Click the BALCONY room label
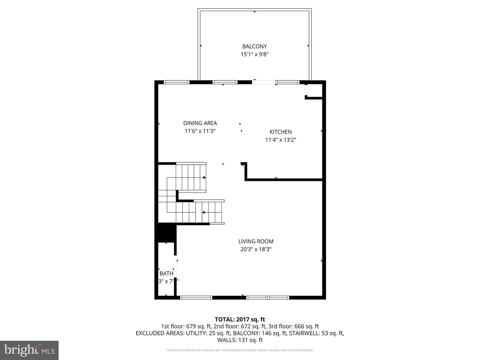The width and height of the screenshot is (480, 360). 254,46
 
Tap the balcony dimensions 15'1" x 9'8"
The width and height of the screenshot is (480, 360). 254,54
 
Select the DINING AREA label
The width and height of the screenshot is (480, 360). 200,123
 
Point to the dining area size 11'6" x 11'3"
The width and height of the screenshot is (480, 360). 200,131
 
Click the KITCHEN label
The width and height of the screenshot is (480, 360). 280,132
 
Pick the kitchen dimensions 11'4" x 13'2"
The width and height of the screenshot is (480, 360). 280,140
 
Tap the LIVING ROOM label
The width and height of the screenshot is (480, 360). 256,241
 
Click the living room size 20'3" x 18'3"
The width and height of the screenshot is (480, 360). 256,249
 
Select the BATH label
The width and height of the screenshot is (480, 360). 166,273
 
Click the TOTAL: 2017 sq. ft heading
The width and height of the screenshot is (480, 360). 240,319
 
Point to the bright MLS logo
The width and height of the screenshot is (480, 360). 29,350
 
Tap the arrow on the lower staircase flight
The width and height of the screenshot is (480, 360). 203,212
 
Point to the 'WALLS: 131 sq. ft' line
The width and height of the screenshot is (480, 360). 240,340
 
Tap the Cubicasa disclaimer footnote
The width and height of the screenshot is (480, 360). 240,350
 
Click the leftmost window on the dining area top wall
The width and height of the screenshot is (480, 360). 177,82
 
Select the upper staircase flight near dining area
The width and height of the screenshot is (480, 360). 191,177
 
